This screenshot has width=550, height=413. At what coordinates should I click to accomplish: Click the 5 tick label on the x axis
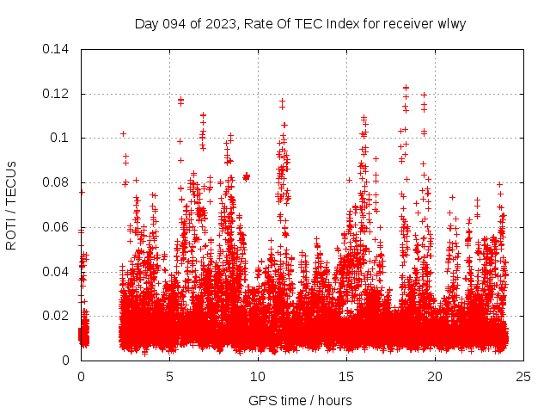169,376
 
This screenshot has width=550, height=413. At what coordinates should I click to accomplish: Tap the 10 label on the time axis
258,376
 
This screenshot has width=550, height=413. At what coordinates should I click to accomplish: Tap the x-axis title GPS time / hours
300,400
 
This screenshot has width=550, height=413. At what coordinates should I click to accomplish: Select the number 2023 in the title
220,23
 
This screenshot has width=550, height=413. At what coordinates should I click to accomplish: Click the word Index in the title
343,23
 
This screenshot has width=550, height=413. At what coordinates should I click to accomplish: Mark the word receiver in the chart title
408,23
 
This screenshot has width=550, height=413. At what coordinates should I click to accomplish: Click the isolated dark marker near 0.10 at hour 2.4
124,133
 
